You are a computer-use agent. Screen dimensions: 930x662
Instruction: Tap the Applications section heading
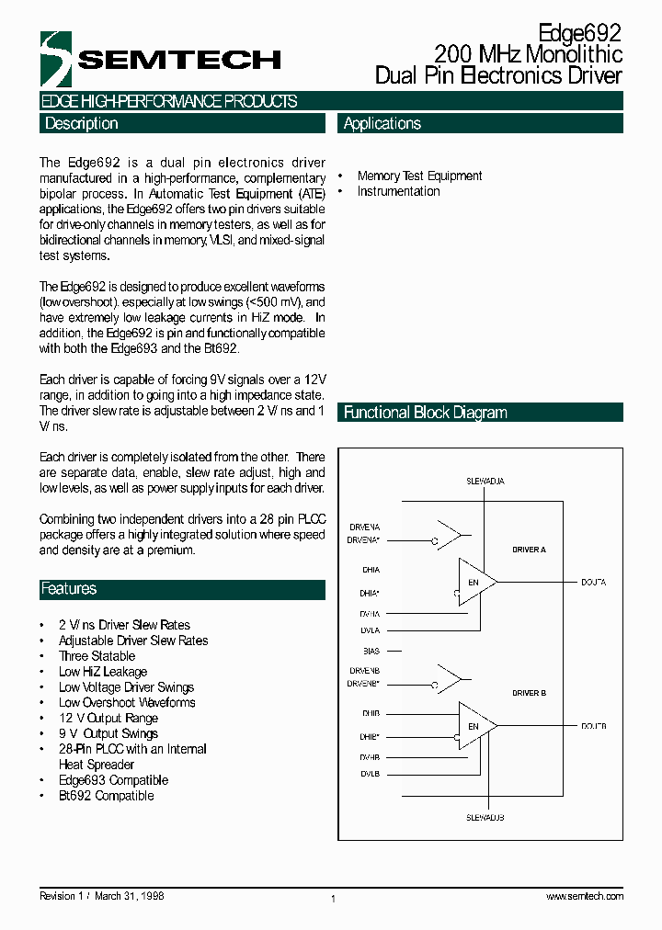tap(382, 124)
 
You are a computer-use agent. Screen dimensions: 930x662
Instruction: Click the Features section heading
tap(69, 589)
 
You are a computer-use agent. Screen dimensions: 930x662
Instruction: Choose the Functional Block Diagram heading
tap(425, 413)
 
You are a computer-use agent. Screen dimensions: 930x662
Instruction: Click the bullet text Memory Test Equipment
tap(419, 176)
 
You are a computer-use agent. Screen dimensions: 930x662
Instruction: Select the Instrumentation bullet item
tap(398, 191)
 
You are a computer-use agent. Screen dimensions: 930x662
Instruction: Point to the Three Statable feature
tap(97, 656)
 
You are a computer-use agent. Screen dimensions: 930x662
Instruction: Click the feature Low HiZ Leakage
tap(102, 672)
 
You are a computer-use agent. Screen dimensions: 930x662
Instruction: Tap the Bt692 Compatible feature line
tap(106, 796)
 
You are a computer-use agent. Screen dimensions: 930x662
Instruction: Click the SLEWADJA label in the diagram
tap(485, 481)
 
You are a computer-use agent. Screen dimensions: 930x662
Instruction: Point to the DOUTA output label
tap(593, 583)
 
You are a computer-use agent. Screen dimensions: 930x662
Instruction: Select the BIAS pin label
tap(371, 651)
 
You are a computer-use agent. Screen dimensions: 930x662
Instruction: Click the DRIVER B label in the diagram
tap(529, 693)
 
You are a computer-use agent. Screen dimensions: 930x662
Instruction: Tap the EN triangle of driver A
tap(474, 583)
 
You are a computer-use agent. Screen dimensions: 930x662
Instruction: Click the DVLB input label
tap(370, 775)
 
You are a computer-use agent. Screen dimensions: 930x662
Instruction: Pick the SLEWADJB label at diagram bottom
tap(485, 817)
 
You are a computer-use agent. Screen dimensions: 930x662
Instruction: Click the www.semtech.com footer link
tap(584, 896)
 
